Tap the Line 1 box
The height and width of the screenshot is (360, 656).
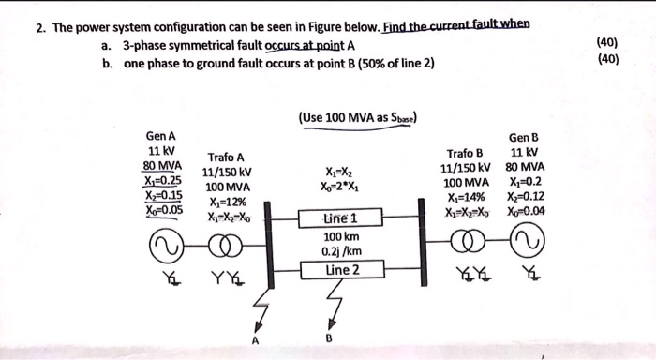click(341, 218)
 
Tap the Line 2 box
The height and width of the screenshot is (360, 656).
click(341, 270)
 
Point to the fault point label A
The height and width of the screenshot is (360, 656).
click(252, 339)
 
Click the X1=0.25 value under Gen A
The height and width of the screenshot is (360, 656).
click(163, 180)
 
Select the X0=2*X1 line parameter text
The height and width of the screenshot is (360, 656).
click(340, 186)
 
